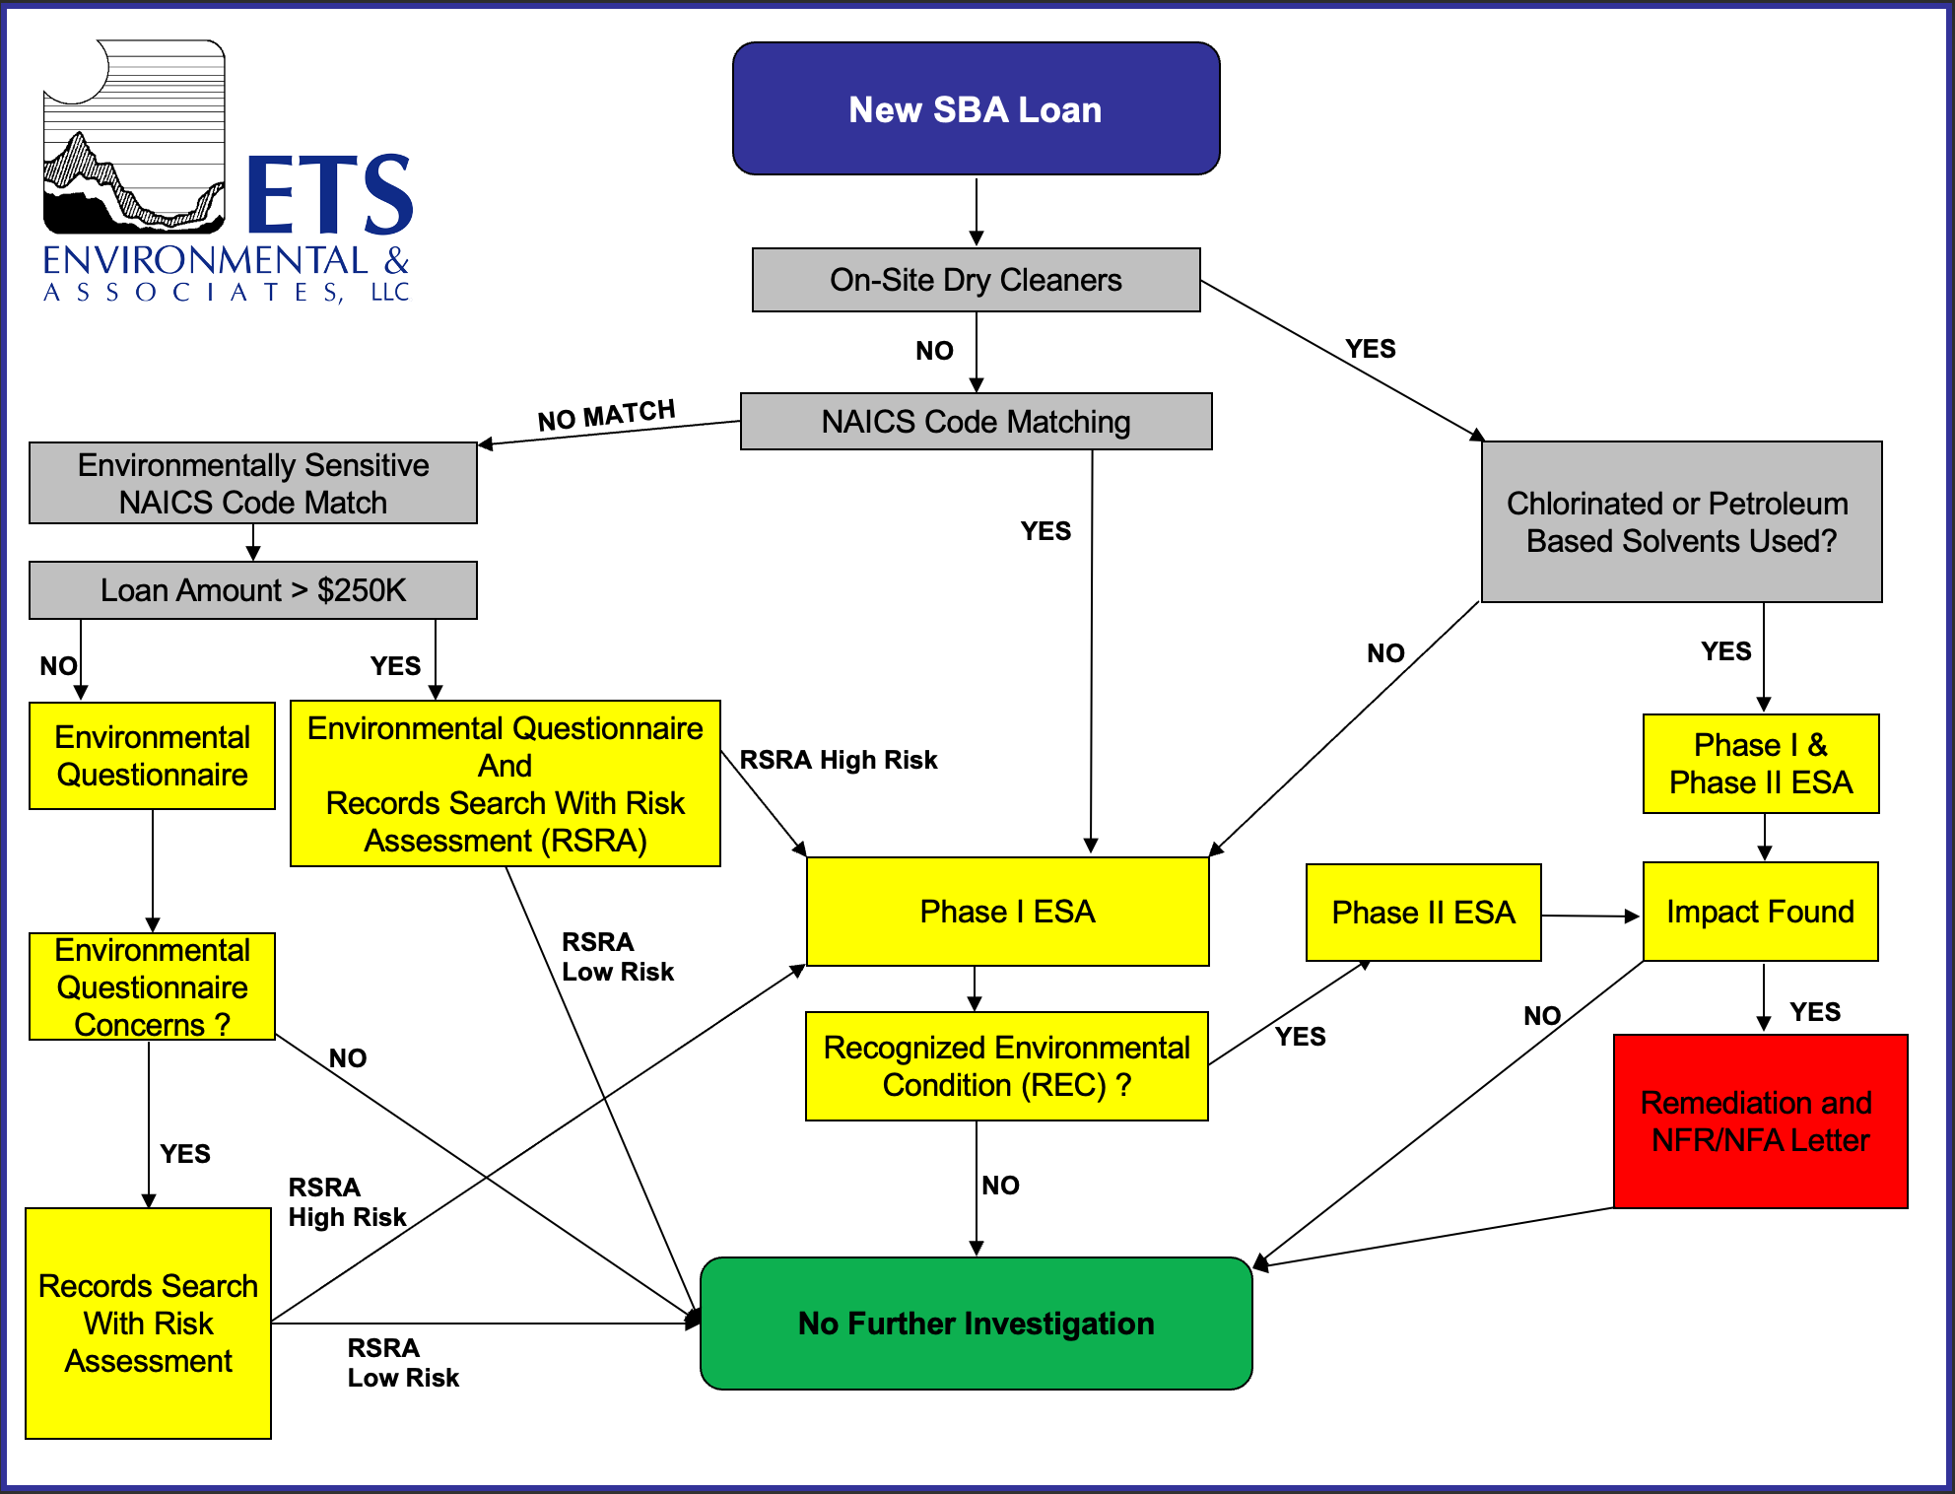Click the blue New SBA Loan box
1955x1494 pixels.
tap(976, 108)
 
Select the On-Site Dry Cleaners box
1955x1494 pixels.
tap(976, 280)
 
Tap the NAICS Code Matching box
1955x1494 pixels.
tap(976, 422)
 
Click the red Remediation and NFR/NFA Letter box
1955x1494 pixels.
tap(1760, 1121)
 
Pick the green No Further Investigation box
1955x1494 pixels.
tap(976, 1324)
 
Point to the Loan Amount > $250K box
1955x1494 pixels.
tap(253, 590)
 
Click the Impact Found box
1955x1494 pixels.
tap(1760, 912)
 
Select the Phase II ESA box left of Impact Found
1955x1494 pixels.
tap(1423, 913)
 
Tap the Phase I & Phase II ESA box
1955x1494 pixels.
tap(1760, 764)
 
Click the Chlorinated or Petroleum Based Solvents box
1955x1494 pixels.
tap(1681, 522)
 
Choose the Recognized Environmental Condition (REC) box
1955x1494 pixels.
tap(1006, 1066)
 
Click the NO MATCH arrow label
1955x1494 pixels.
tap(606, 415)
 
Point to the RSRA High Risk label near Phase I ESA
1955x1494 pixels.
tap(838, 760)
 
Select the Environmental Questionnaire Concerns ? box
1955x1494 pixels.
tap(152, 986)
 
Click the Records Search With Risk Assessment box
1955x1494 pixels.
tap(148, 1324)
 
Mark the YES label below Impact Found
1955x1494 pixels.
tap(1814, 1012)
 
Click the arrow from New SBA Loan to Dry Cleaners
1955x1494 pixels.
tap(976, 211)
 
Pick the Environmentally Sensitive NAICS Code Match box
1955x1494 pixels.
tap(253, 483)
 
